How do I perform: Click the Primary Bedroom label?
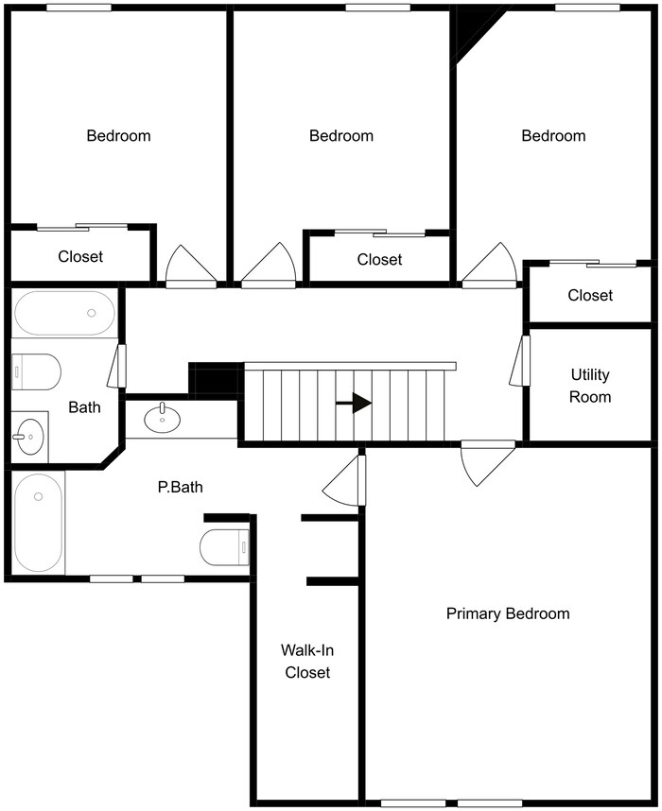pos(508,613)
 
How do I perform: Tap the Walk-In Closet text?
pos(307,662)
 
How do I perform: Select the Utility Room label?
pos(589,385)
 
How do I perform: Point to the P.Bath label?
pos(180,488)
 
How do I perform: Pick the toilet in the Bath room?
pos(36,371)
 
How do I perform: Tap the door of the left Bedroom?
pos(190,267)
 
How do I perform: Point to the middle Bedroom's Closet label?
pos(379,260)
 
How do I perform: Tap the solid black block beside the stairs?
pos(214,379)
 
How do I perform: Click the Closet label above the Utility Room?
pos(590,296)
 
